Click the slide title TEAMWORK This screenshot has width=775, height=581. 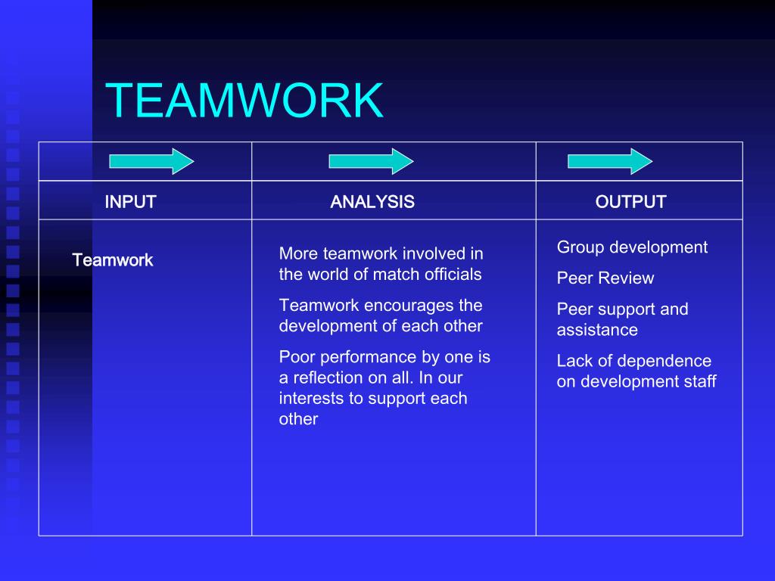(244, 101)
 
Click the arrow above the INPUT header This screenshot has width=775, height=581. (151, 161)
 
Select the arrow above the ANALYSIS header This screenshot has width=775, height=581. (371, 161)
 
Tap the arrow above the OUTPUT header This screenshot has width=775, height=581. (610, 161)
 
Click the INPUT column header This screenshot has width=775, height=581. (130, 202)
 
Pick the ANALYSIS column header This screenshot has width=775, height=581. (372, 202)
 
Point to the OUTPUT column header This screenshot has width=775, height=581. (630, 202)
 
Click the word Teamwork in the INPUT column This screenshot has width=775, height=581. (113, 260)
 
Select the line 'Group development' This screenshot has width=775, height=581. (632, 247)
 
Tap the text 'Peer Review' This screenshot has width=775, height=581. (605, 278)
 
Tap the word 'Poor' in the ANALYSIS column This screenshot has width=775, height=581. (296, 357)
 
